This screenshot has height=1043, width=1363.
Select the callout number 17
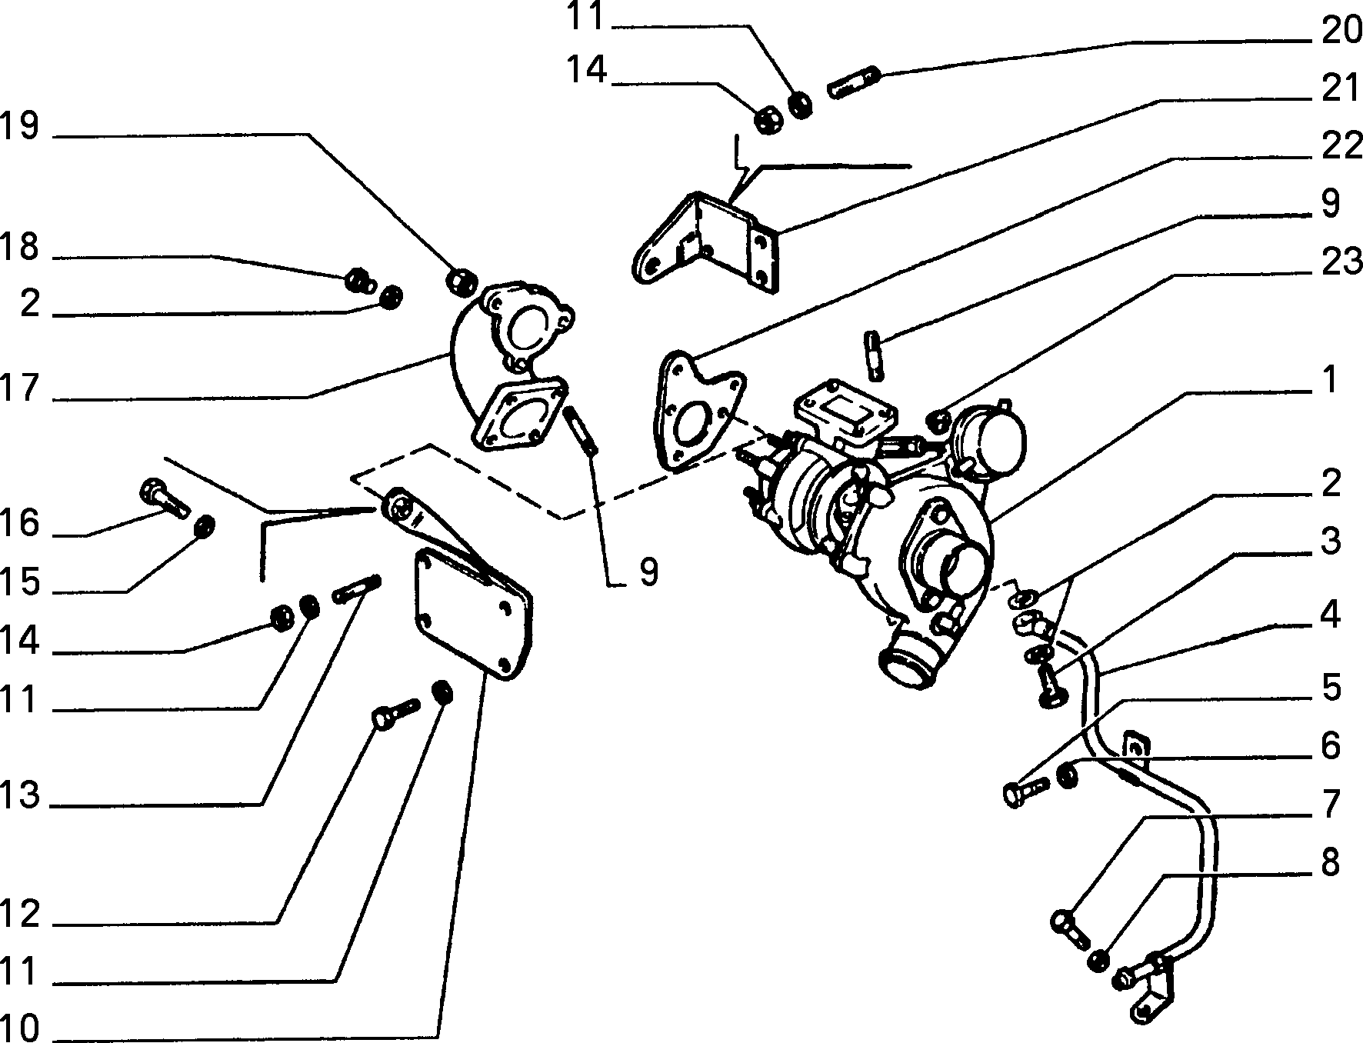(19, 388)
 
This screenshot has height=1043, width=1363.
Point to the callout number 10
(19, 1026)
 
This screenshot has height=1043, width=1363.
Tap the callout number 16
(19, 524)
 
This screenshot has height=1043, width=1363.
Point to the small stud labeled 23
(875, 355)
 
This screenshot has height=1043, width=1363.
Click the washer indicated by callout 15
(205, 528)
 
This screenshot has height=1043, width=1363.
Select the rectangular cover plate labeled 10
(472, 615)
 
